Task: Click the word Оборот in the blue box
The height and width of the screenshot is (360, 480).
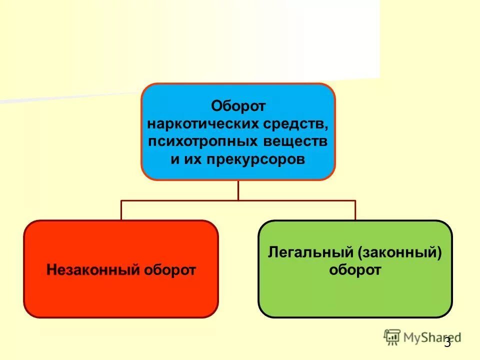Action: (x=238, y=106)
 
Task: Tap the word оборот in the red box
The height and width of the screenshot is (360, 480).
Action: (x=170, y=270)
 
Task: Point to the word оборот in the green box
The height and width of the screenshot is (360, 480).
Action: (x=355, y=270)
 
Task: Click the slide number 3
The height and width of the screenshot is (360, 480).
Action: (x=447, y=342)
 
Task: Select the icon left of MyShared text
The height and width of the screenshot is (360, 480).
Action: (x=392, y=337)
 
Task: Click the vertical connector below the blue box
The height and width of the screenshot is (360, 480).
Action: (x=238, y=190)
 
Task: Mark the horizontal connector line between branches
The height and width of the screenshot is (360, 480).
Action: (x=238, y=200)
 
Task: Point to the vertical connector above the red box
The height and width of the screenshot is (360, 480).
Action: (x=121, y=210)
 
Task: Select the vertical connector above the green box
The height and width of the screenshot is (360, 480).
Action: (x=355, y=210)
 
